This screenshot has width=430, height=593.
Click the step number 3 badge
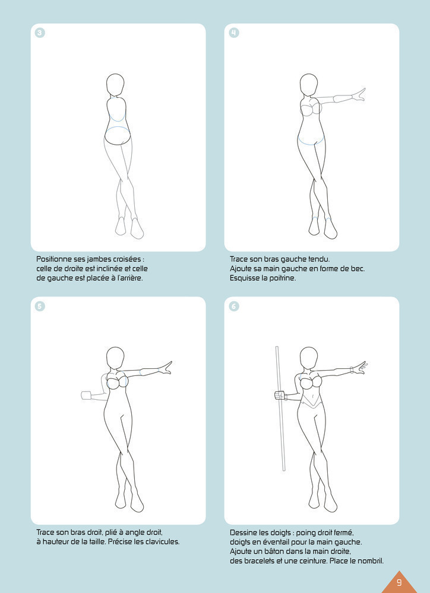40,33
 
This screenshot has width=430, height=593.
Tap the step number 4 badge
234,33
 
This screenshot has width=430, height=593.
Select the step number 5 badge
40,306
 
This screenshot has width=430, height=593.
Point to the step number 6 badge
234,306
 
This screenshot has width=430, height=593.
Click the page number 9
399,582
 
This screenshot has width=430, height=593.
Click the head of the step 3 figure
115,85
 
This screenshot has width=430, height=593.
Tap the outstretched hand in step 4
359,95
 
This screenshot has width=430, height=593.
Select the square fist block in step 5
86,395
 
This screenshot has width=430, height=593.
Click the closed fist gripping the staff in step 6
280,396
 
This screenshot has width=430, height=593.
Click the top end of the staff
277,346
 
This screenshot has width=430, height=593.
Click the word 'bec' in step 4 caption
358,269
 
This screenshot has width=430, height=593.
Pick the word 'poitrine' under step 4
282,278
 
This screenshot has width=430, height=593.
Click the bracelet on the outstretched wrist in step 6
352,370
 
